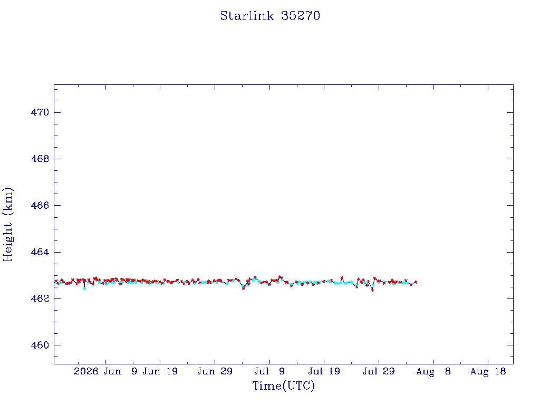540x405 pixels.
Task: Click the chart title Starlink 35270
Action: tap(270, 16)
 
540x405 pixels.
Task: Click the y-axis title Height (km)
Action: tap(7, 224)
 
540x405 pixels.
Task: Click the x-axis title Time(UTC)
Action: tap(283, 385)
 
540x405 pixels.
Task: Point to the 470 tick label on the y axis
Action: tap(40, 112)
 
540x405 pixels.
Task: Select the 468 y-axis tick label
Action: tap(40, 159)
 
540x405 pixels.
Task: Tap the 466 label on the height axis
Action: tap(40, 205)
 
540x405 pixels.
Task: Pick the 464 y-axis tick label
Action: tap(40, 252)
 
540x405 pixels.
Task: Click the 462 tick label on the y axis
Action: tap(40, 298)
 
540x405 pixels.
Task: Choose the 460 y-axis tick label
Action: tap(40, 345)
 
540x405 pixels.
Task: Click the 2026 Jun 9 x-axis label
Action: tap(105, 371)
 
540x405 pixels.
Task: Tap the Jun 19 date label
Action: tap(160, 371)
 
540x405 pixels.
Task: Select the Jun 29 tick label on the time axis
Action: tap(215, 371)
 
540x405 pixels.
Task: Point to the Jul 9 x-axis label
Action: tap(269, 371)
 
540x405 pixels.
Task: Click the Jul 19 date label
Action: tap(324, 371)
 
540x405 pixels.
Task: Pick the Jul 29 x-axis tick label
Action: tap(379, 371)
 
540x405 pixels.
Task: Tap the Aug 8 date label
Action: tap(433, 371)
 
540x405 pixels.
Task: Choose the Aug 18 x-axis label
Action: tap(488, 371)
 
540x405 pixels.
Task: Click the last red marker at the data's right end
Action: tap(416, 282)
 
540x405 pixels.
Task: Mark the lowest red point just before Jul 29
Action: tap(372, 291)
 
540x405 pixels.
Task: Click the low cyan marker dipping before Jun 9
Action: tap(85, 289)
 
